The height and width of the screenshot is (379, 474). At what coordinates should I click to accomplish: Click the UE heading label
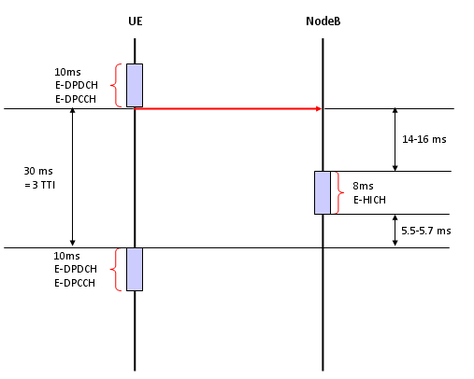(x=136, y=21)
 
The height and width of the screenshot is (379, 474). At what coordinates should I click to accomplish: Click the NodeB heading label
(x=323, y=21)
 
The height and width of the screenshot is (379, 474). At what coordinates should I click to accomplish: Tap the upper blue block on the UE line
(x=135, y=85)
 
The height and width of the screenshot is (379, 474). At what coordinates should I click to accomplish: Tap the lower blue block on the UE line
(x=135, y=270)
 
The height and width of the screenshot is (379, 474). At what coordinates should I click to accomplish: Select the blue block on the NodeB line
(x=323, y=192)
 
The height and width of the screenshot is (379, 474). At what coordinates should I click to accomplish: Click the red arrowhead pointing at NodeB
(x=319, y=108)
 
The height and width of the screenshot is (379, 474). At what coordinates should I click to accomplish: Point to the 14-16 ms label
(x=424, y=139)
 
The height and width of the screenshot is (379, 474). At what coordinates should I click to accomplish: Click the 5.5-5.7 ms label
(x=426, y=231)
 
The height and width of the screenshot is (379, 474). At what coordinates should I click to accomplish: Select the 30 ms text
(x=38, y=171)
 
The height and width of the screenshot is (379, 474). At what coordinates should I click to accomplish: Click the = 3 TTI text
(x=40, y=185)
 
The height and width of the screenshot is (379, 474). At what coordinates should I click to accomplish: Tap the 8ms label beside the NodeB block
(x=363, y=186)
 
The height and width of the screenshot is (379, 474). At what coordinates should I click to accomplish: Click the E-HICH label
(x=369, y=200)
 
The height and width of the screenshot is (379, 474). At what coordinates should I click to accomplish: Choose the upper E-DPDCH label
(x=77, y=85)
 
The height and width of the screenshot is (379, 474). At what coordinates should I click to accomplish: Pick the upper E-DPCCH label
(x=76, y=99)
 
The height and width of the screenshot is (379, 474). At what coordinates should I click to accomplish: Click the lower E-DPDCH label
(x=76, y=269)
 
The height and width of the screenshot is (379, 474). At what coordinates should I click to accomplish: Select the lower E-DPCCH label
(x=75, y=283)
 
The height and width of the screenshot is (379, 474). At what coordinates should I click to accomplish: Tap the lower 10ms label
(x=66, y=256)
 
